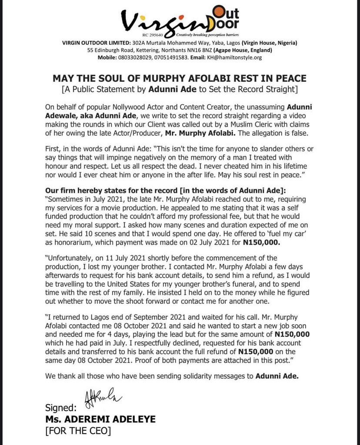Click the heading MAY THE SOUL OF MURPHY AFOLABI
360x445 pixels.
(180, 79)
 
